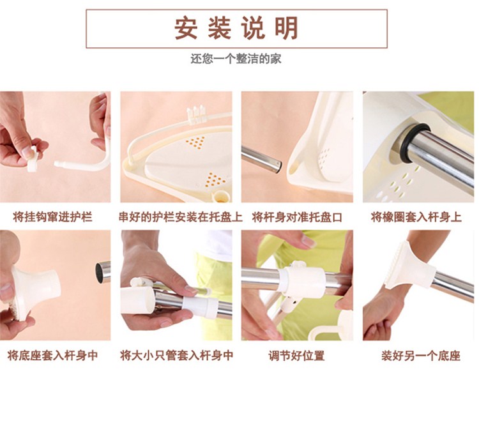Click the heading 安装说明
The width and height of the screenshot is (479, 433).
[236, 28]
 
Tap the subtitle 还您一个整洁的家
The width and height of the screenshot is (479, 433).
[236, 58]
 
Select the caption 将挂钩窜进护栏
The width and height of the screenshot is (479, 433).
[52, 217]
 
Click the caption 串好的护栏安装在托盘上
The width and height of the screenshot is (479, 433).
[181, 217]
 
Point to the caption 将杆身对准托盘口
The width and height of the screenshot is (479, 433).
[297, 217]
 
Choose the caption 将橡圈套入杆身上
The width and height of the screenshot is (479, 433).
[416, 217]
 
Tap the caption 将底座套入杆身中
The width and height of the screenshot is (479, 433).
[52, 355]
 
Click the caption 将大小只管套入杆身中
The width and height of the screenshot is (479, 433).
[176, 355]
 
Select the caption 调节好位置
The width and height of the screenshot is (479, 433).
[296, 355]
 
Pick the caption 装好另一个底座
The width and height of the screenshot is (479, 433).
[421, 355]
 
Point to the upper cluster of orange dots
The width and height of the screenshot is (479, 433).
[195, 142]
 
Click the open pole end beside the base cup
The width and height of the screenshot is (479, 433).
[103, 271]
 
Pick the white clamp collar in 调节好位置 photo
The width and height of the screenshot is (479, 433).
[305, 280]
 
